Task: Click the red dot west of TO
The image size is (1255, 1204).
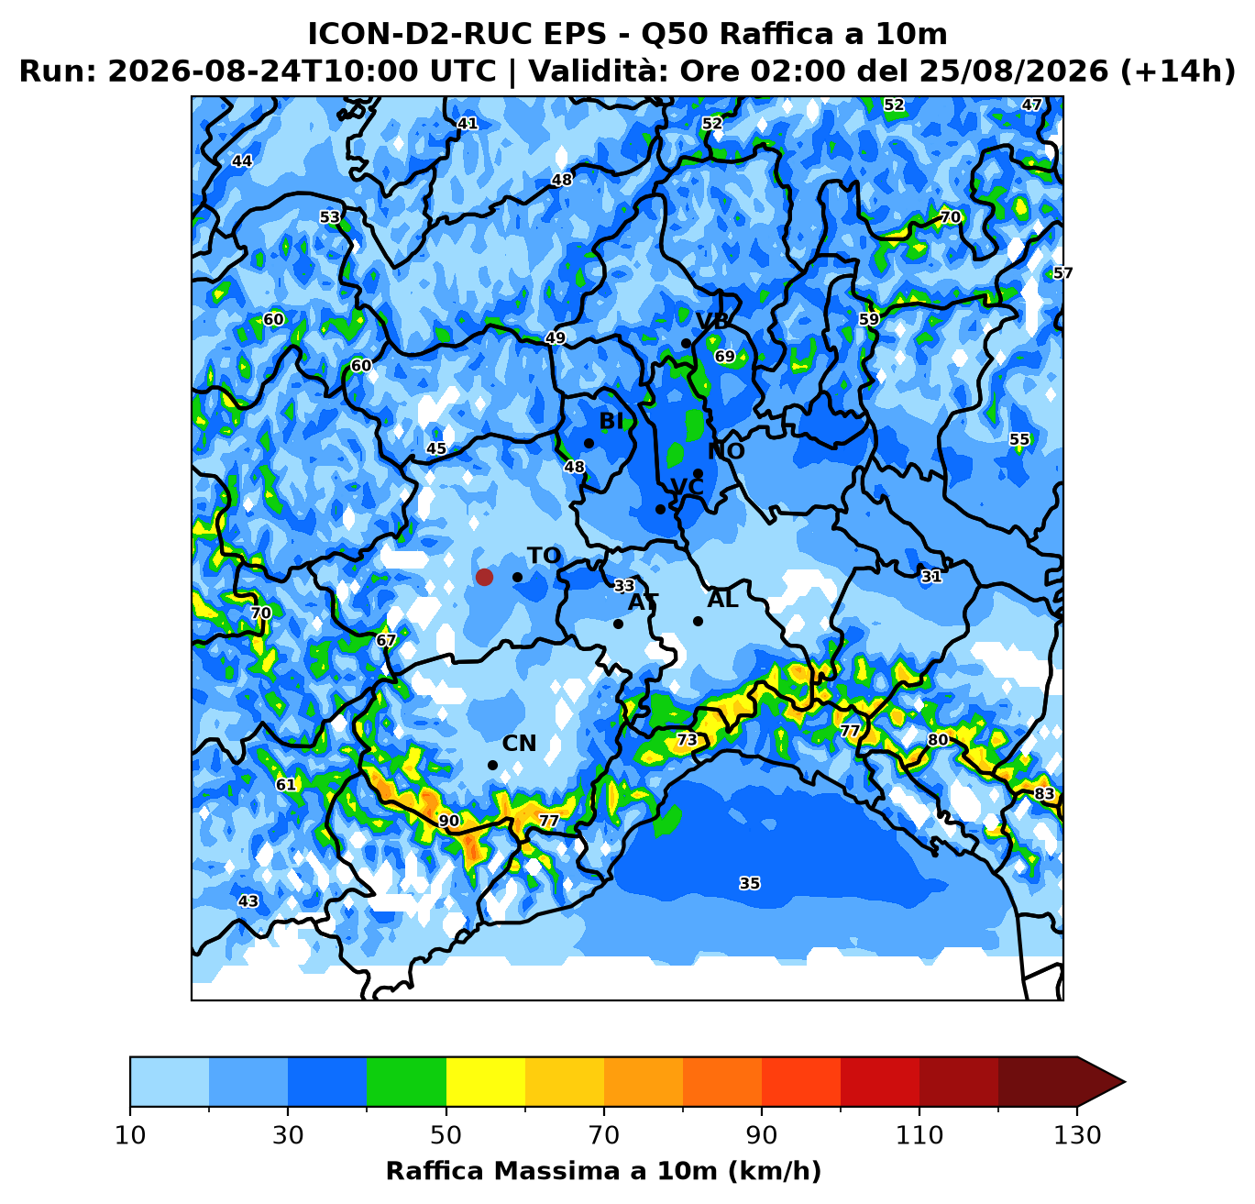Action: (484, 577)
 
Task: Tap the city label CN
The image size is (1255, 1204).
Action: (519, 744)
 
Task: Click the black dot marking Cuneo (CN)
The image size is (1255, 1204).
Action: (492, 766)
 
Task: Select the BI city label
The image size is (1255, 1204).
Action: (611, 421)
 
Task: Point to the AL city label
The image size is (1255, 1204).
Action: (722, 600)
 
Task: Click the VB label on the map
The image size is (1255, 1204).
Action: (712, 321)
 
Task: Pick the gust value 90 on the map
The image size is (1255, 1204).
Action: (449, 821)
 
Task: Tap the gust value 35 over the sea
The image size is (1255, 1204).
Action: (749, 883)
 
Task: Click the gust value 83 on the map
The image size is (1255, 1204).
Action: (1044, 793)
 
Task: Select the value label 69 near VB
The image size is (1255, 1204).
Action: (725, 356)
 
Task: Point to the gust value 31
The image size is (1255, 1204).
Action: (931, 576)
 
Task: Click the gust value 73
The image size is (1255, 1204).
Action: (687, 739)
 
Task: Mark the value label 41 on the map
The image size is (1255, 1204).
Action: (468, 123)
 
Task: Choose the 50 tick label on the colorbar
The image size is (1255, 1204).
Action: (446, 1135)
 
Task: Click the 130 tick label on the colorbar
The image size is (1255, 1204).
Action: (1077, 1135)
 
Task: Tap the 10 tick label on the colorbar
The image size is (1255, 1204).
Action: (130, 1135)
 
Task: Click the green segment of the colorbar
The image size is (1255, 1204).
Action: (406, 1081)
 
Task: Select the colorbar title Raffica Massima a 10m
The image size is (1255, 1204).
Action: (554, 1171)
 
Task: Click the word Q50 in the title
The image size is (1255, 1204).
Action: (676, 34)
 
